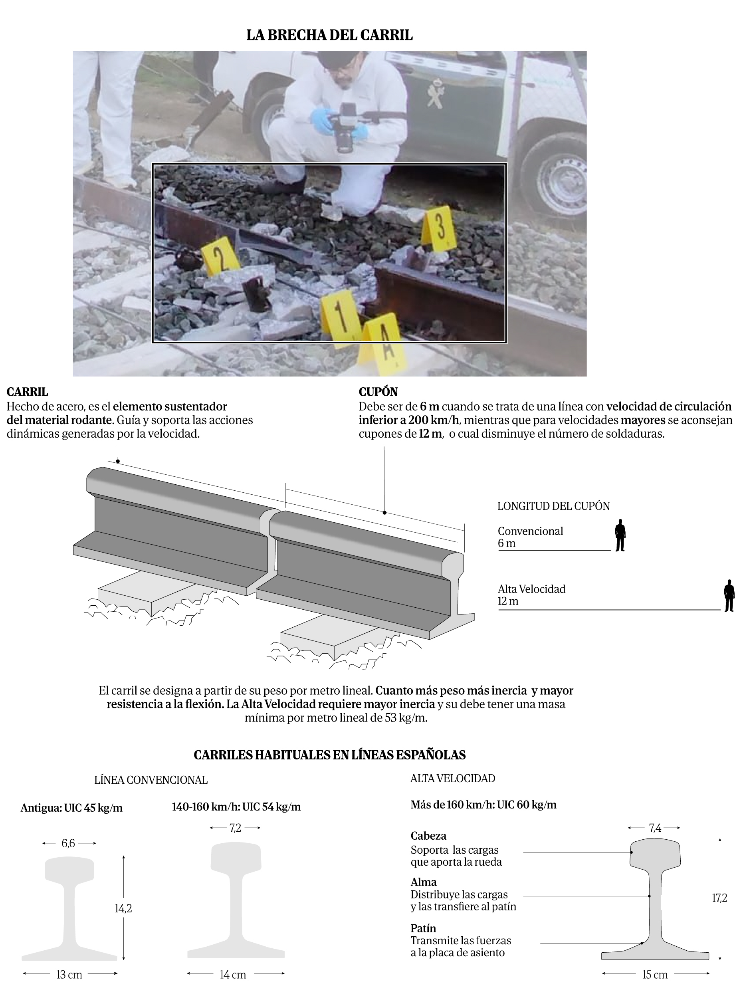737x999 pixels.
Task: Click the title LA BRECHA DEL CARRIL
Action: click(x=329, y=35)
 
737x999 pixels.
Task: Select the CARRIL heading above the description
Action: click(x=27, y=392)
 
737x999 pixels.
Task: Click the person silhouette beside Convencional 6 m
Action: click(x=620, y=535)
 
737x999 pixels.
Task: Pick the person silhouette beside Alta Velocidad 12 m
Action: click(x=729, y=595)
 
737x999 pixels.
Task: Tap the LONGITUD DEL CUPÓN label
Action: click(x=553, y=506)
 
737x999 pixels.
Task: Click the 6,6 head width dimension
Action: click(x=68, y=843)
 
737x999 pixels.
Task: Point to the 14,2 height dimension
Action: click(x=123, y=908)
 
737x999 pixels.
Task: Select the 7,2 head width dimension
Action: click(x=235, y=828)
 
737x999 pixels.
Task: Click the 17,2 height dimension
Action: click(x=719, y=898)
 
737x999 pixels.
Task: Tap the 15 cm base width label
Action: click(x=654, y=975)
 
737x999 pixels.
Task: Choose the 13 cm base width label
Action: click(x=69, y=975)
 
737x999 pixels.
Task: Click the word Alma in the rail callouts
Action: click(x=423, y=882)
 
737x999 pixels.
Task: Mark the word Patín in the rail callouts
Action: click(x=423, y=928)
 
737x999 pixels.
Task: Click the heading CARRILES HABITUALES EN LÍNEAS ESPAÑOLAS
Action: click(x=329, y=755)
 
